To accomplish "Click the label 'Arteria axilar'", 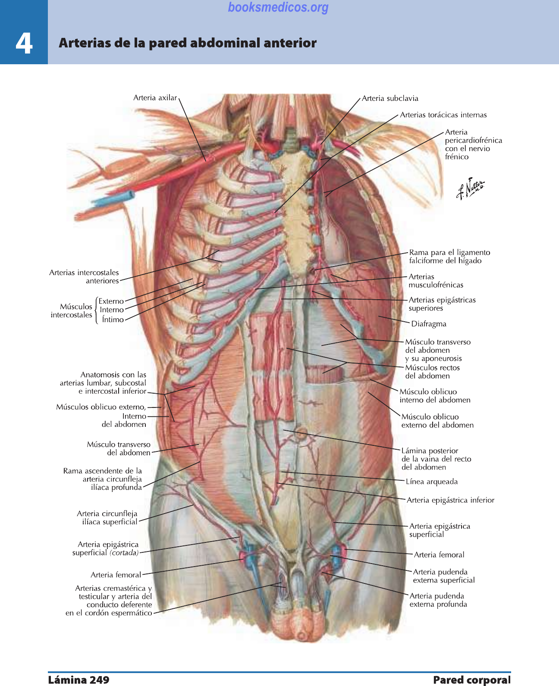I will pyautogui.click(x=155, y=98).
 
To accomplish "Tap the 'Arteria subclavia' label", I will pyautogui.click(x=390, y=98).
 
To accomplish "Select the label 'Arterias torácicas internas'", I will pyautogui.click(x=443, y=115).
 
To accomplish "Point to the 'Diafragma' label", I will pyautogui.click(x=428, y=324).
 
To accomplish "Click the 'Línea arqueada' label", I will pyautogui.click(x=431, y=482).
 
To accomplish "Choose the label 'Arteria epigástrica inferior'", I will pyautogui.click(x=450, y=500).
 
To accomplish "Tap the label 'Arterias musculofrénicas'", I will pyautogui.click(x=436, y=281).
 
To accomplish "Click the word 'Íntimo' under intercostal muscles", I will pyautogui.click(x=113, y=320).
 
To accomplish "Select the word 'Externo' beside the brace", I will pyautogui.click(x=111, y=301).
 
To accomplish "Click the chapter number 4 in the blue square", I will pyautogui.click(x=24, y=43).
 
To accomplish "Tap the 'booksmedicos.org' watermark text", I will pyautogui.click(x=278, y=7).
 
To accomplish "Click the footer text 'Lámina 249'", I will pyautogui.click(x=79, y=680).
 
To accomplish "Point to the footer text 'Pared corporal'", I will pyautogui.click(x=472, y=680).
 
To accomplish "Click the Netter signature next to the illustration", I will pyautogui.click(x=470, y=188).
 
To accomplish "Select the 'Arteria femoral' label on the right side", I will pyautogui.click(x=439, y=555).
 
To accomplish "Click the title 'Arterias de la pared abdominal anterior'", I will pyautogui.click(x=188, y=43).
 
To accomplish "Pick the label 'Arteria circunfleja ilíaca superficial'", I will pyautogui.click(x=107, y=518).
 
